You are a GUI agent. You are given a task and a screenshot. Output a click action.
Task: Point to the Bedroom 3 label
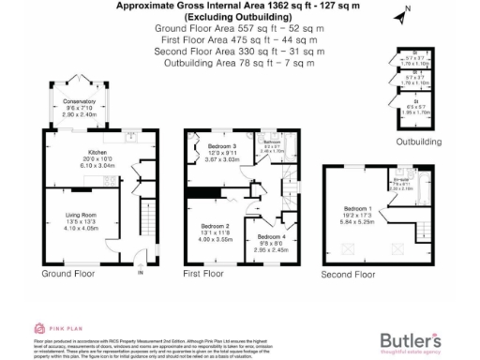click(x=221, y=148)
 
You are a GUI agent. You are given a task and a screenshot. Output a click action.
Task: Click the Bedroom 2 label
click(x=215, y=226)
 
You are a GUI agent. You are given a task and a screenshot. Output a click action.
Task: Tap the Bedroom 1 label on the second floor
click(x=357, y=207)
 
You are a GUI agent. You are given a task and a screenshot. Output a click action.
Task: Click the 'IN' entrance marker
click(x=140, y=274)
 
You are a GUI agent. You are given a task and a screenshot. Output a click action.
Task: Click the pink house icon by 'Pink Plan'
click(x=40, y=327)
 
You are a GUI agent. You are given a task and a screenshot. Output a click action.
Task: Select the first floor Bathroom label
click(x=273, y=141)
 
